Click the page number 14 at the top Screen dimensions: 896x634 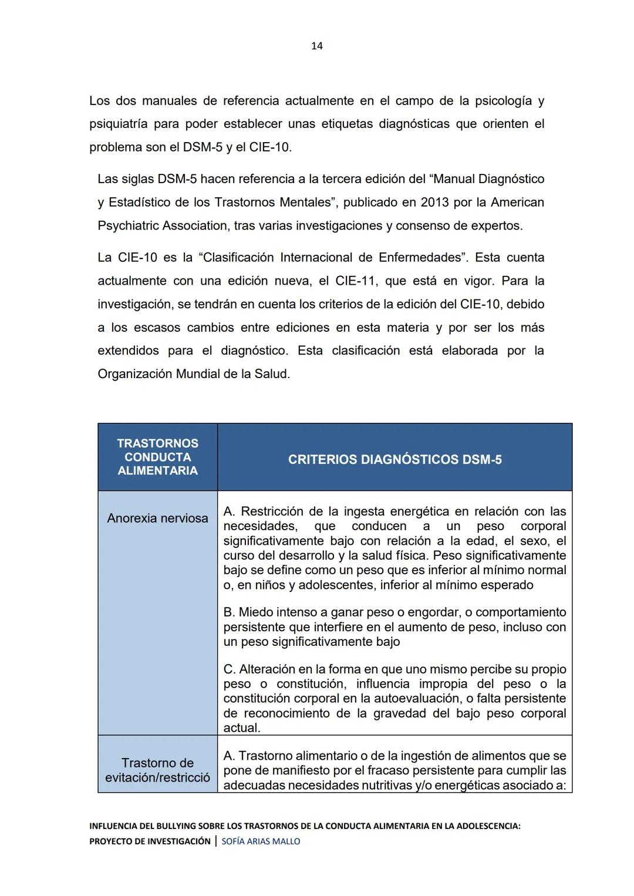tap(316, 46)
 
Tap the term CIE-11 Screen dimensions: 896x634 tap(355, 281)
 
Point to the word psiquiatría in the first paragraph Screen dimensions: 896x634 tap(118, 124)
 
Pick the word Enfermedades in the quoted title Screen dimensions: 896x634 tap(420, 258)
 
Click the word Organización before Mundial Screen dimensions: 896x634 tap(134, 374)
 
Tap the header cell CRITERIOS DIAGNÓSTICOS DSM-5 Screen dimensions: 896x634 tap(394, 460)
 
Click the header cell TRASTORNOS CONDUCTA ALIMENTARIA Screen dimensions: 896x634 tap(157, 457)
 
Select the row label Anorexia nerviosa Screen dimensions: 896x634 tap(157, 518)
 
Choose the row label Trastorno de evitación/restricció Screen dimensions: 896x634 tap(157, 770)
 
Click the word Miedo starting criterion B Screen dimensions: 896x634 tap(255, 612)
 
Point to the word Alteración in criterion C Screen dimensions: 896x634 tap(267, 669)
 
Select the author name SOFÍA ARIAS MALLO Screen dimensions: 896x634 tap(261, 841)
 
